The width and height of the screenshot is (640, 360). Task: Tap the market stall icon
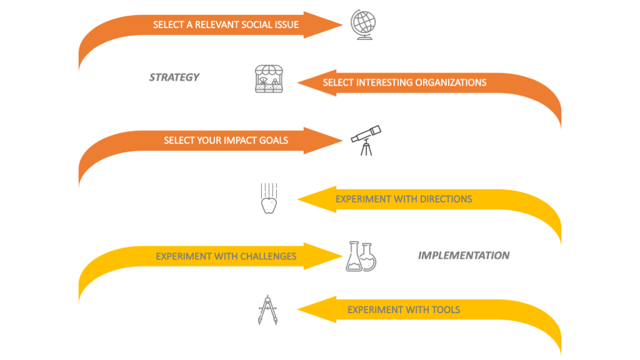pyautogui.click(x=269, y=79)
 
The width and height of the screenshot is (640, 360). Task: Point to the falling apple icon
pyautogui.click(x=268, y=199)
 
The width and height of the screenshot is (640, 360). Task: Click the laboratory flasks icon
pyautogui.click(x=361, y=256)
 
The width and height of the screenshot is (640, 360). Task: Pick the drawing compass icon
pyautogui.click(x=267, y=309)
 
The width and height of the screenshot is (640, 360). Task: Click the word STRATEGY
pyautogui.click(x=174, y=77)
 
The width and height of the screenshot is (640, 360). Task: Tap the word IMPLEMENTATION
pyautogui.click(x=463, y=256)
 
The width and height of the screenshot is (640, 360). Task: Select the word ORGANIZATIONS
pyautogui.click(x=451, y=82)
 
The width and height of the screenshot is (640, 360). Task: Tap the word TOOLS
pyautogui.click(x=446, y=310)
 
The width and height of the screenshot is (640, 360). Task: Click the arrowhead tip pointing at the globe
pyautogui.click(x=342, y=25)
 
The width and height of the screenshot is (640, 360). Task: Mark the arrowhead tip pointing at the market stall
pyautogui.click(x=298, y=82)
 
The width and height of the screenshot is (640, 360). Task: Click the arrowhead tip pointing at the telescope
pyautogui.click(x=342, y=141)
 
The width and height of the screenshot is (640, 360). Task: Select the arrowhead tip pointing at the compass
pyautogui.click(x=298, y=309)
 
